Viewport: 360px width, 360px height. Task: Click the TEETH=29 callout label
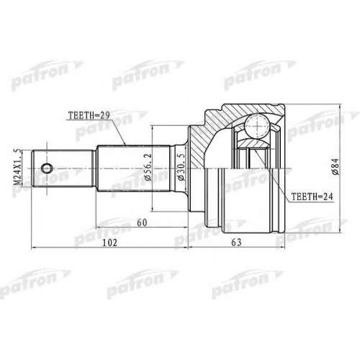coord(89,116)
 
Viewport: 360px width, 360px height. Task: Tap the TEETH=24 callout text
coord(312,197)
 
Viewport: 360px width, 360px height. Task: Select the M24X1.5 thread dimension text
coord(17,167)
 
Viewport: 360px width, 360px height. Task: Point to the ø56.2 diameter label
coord(148,167)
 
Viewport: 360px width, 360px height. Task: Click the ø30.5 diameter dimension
coord(181,167)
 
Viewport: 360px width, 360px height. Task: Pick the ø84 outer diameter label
coord(335,166)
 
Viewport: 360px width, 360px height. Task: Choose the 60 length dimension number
coord(142,222)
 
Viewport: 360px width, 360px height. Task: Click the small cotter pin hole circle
coord(47,168)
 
